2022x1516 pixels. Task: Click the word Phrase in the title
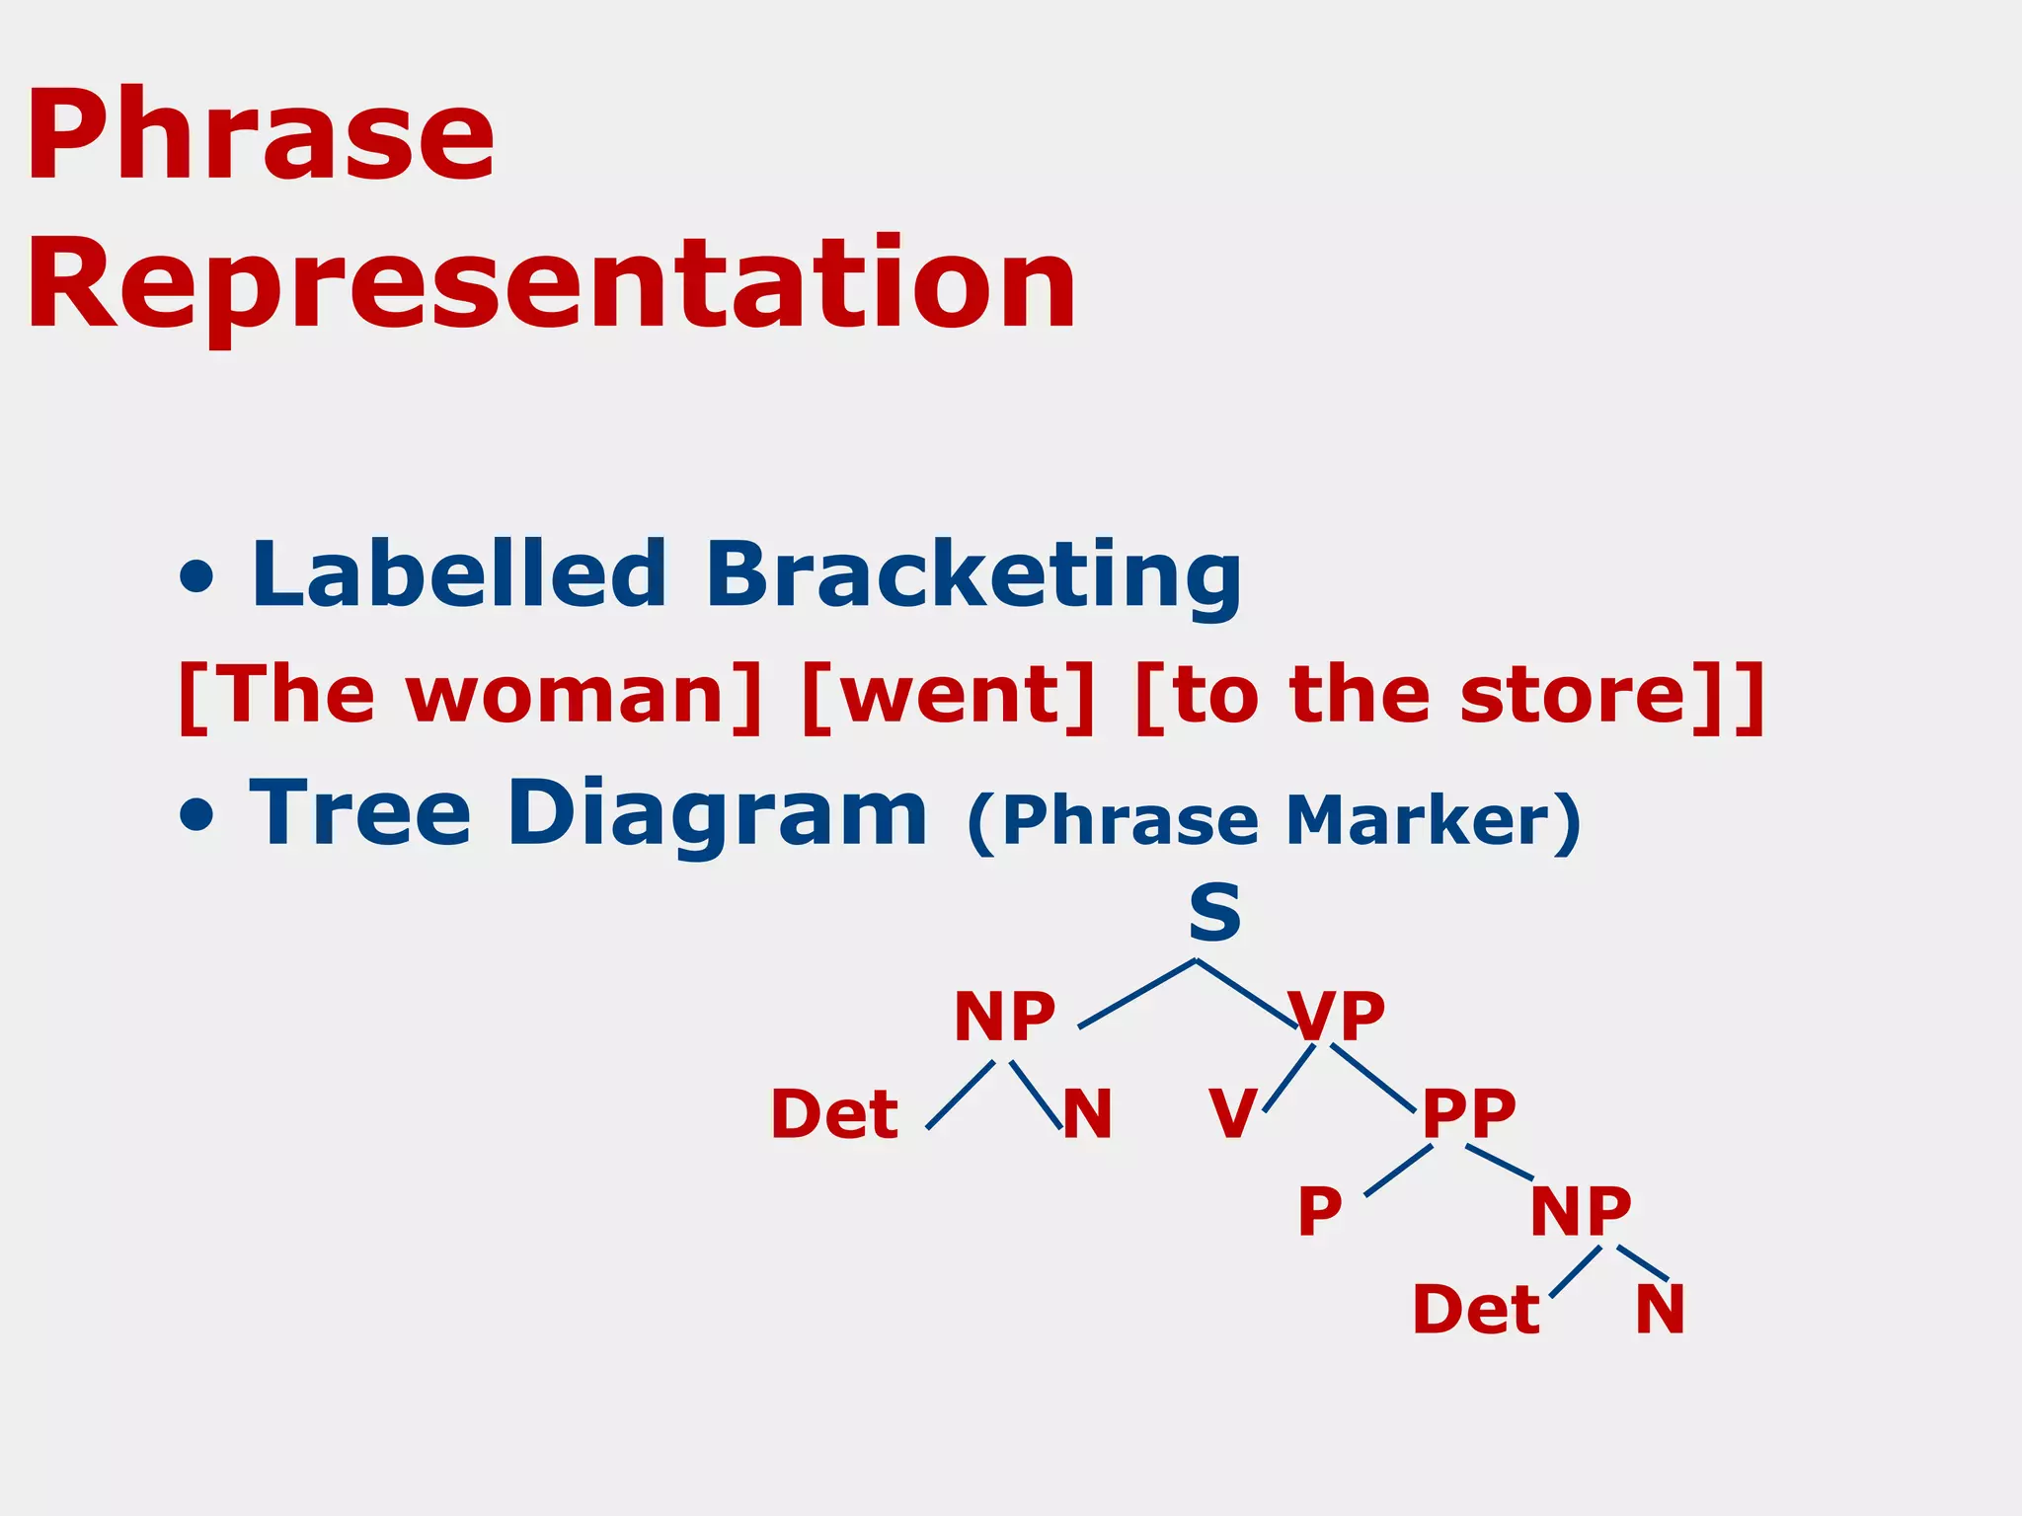click(x=260, y=135)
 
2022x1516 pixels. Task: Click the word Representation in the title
click(x=550, y=286)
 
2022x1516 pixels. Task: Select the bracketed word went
click(x=948, y=696)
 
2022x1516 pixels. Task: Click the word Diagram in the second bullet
click(x=717, y=814)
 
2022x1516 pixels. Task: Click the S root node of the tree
click(x=1214, y=913)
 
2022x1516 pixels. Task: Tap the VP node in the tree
click(x=1338, y=1017)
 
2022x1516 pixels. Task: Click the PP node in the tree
click(x=1468, y=1114)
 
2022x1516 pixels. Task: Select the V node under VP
click(x=1232, y=1114)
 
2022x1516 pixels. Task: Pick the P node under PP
click(x=1319, y=1211)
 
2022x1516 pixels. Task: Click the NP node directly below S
click(x=1004, y=1017)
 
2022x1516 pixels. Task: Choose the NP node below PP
click(x=1581, y=1211)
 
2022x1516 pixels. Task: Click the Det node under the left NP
click(x=834, y=1114)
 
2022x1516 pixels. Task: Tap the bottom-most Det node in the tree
click(x=1476, y=1310)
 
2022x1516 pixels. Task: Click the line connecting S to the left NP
click(x=1136, y=994)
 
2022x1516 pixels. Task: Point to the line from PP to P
click(x=1398, y=1171)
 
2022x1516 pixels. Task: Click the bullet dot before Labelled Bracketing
click(x=197, y=577)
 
